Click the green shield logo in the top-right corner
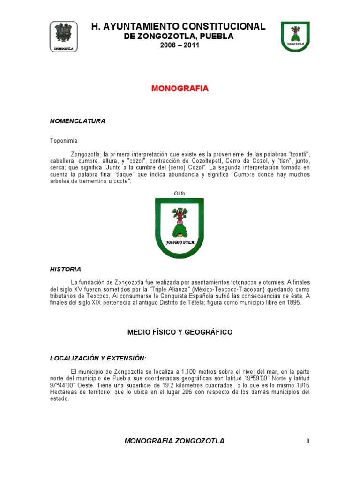[295, 36]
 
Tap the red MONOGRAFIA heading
[180, 89]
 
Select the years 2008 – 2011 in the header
[180, 45]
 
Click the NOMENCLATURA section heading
[77, 121]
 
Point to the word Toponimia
[64, 140]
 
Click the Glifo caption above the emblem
[180, 193]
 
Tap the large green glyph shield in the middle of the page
[180, 228]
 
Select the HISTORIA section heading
[65, 269]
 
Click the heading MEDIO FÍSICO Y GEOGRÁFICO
[180, 332]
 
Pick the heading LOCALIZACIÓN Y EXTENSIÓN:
[98, 358]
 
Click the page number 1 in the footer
[308, 441]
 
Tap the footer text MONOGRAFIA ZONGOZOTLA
[174, 441]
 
